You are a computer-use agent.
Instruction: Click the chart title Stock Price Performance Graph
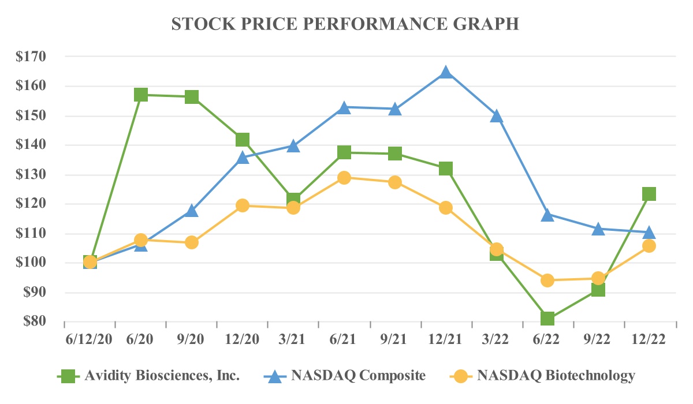coord(346,24)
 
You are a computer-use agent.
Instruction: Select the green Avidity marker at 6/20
coord(141,95)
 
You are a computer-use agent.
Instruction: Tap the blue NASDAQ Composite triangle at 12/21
coord(446,72)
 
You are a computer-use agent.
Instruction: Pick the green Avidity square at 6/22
coord(547,319)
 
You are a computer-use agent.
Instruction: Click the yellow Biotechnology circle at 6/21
coord(344,178)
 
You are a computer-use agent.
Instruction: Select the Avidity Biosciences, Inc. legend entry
coord(162,376)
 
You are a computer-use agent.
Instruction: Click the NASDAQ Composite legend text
coord(359,376)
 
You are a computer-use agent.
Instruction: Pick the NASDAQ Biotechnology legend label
coord(556,376)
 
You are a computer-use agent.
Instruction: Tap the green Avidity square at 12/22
coord(649,194)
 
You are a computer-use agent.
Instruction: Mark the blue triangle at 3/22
coord(497,116)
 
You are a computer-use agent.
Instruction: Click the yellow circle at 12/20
coord(243,205)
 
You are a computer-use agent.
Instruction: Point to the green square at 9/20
coord(192,97)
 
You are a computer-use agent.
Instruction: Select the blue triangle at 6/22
coord(547,215)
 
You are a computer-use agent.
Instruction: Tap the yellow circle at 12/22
coord(649,246)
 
